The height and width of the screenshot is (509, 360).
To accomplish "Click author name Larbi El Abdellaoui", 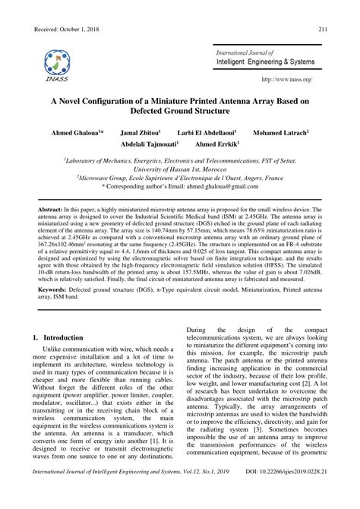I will pos(210,132).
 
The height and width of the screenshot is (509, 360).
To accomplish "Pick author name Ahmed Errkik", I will pos(216,144).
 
